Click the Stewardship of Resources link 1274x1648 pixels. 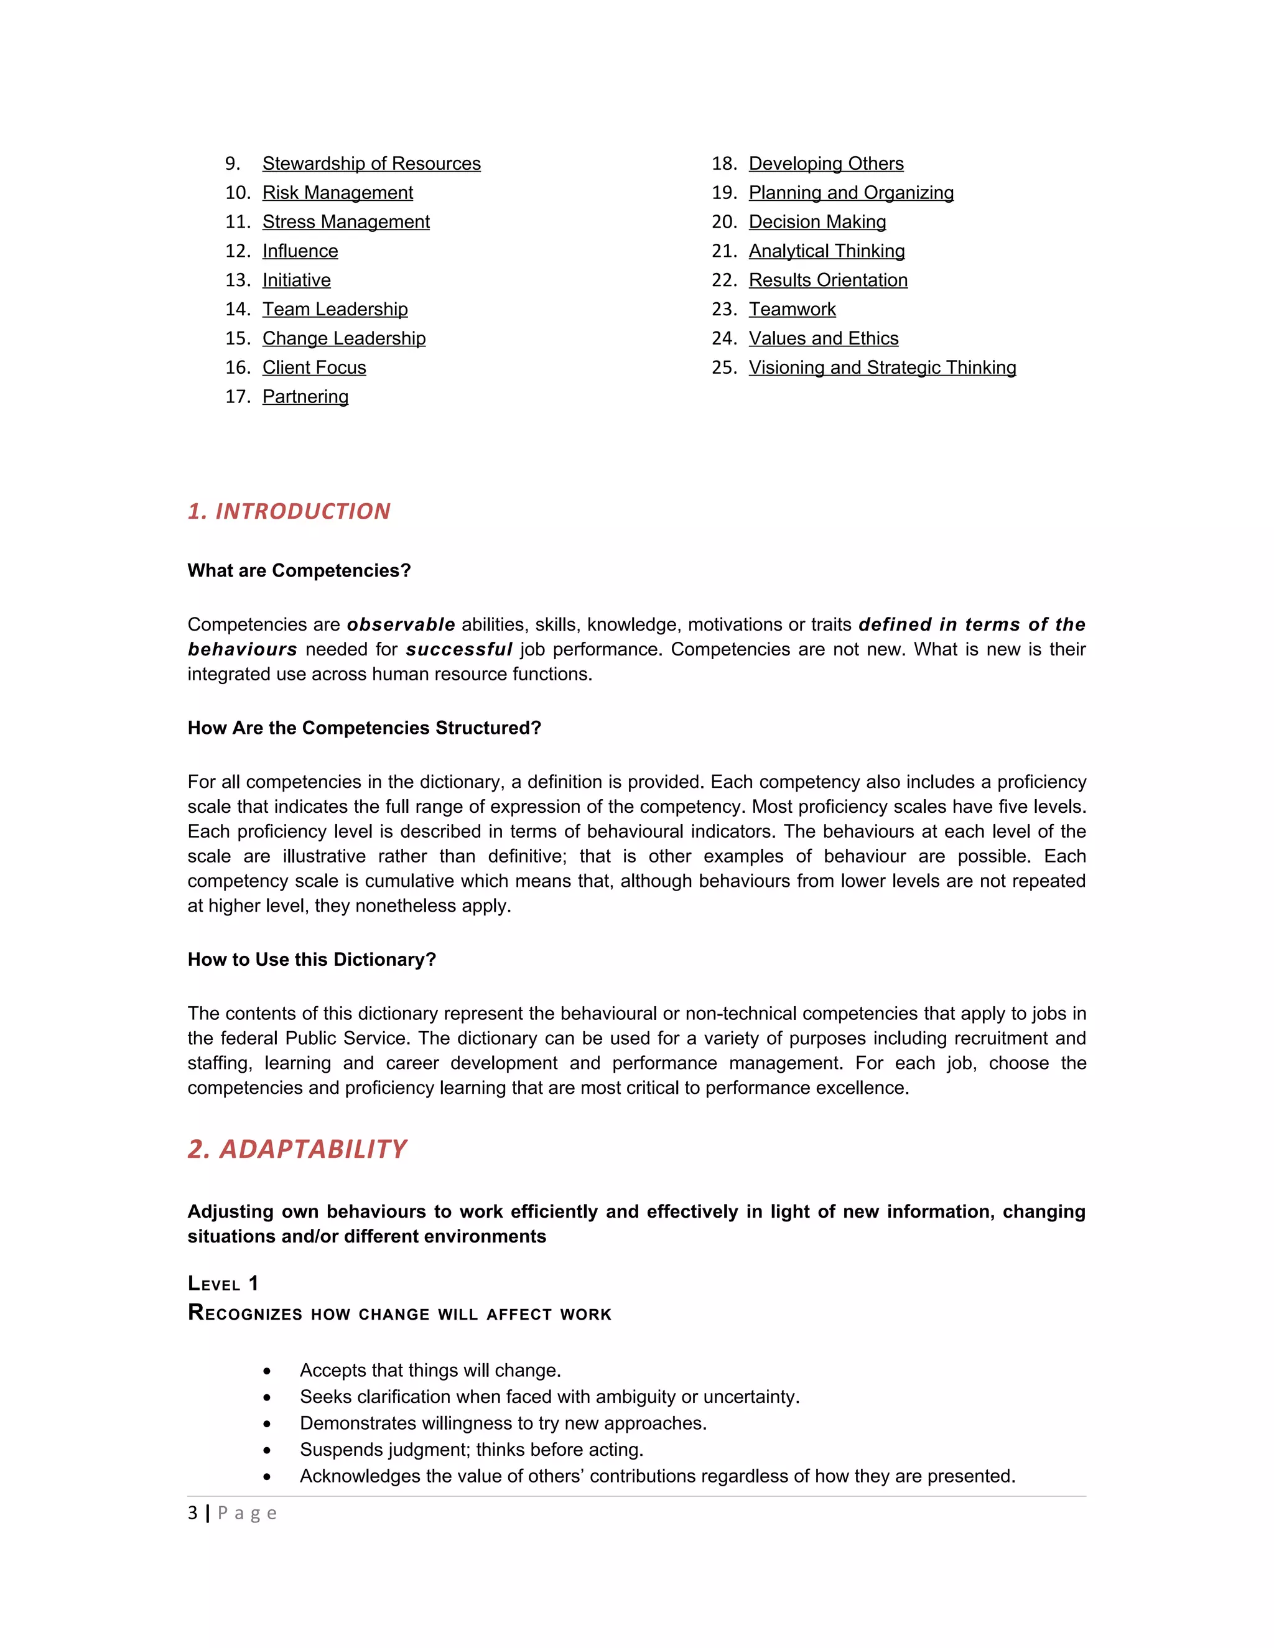pos(371,164)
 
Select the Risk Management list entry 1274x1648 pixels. pos(337,193)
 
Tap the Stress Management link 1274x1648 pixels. pos(346,222)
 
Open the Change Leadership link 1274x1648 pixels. pos(343,339)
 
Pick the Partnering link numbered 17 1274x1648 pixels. pos(305,397)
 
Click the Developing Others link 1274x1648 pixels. pos(825,164)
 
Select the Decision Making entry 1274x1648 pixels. pos(817,222)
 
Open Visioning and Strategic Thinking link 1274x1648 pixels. pos(881,368)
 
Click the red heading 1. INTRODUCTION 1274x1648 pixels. pos(289,512)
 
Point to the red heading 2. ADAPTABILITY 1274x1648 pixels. pos(297,1149)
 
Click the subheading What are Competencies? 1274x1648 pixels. pos(299,570)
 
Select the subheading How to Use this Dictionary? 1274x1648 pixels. pos(312,959)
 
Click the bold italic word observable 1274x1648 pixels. pos(401,625)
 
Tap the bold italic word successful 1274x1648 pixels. pos(459,650)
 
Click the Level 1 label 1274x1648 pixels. pos(223,1284)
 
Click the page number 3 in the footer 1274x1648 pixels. pos(192,1513)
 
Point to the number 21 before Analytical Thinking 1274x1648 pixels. pos(723,251)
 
